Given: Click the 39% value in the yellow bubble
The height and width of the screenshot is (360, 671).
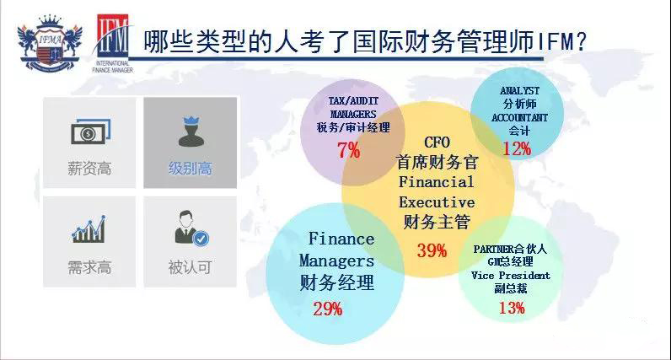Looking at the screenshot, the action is (x=432, y=250).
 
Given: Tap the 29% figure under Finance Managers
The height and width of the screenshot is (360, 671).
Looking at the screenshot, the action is (x=328, y=309).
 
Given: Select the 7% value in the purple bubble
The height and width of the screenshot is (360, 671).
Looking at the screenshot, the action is (x=349, y=150).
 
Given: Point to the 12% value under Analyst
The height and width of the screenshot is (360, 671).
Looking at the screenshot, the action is (x=517, y=148).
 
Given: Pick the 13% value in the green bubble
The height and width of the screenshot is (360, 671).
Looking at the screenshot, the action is (x=512, y=308).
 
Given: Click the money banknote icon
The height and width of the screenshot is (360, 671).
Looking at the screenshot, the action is (x=91, y=132).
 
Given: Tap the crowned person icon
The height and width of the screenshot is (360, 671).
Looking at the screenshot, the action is (x=191, y=132).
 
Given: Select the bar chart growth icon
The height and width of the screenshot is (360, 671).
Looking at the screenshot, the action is (x=89, y=229).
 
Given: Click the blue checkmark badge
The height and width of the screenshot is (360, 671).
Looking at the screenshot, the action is (x=201, y=239).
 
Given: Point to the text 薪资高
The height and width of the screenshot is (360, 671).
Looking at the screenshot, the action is (x=89, y=169).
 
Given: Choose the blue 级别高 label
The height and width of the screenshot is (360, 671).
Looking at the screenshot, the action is (x=190, y=169).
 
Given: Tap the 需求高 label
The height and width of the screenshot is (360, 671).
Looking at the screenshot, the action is (x=89, y=267).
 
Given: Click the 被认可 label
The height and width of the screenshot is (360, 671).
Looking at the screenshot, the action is (x=190, y=267).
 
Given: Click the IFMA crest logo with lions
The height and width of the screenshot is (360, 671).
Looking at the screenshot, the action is (x=50, y=43).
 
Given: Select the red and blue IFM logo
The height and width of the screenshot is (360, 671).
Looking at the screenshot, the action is (x=113, y=43).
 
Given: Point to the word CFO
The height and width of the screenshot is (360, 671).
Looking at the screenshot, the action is (x=437, y=142).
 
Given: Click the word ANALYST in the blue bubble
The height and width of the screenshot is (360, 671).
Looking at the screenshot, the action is (x=519, y=91).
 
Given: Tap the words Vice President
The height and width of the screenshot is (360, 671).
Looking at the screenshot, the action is (x=511, y=275).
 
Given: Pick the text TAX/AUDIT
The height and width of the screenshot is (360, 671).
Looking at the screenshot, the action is (x=353, y=101).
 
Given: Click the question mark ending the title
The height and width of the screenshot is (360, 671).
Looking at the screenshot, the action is (x=580, y=41).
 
